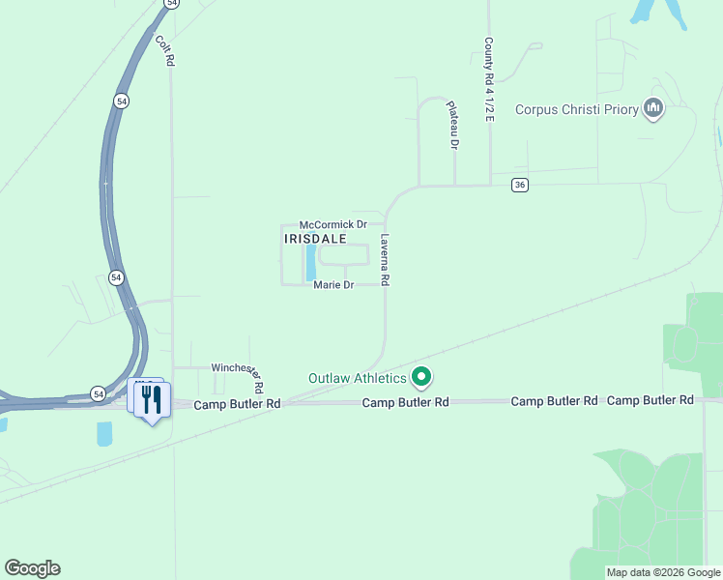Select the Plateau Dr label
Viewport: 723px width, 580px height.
[451, 128]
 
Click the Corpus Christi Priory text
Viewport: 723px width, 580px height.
[576, 109]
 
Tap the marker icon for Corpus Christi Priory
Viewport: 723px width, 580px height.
[652, 109]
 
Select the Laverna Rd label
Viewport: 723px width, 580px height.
[385, 260]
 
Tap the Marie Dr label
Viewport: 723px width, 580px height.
[333, 285]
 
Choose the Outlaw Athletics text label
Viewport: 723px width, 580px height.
[357, 378]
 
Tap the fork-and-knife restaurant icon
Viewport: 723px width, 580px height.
[152, 399]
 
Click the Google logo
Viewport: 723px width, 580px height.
[32, 568]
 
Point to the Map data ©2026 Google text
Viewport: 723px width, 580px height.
[662, 572]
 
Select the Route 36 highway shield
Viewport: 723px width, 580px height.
[520, 186]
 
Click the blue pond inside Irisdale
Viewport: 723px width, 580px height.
[311, 260]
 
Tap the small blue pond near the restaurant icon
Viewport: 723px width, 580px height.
[104, 434]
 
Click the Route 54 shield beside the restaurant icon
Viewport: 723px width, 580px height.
[99, 393]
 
